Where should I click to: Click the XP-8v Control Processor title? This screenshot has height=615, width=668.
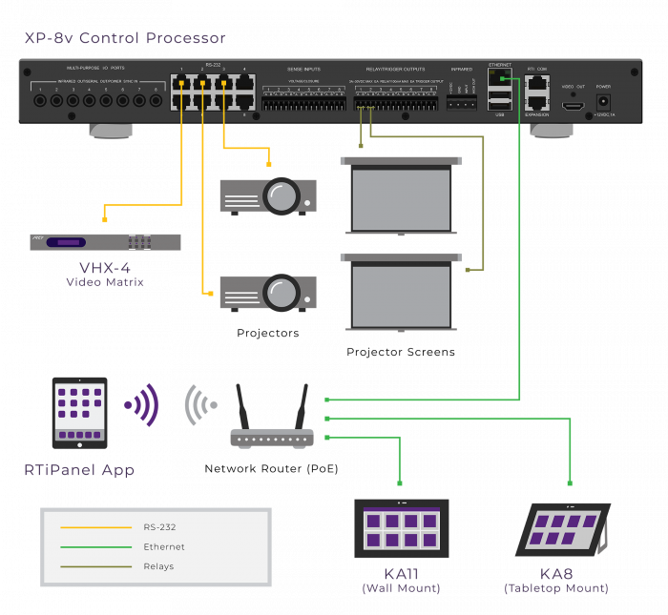pyautogui.click(x=125, y=39)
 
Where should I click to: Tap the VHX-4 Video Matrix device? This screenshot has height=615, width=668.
pyautogui.click(x=105, y=242)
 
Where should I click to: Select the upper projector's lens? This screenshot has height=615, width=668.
pyautogui.click(x=282, y=197)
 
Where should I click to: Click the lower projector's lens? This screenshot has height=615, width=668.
pyautogui.click(x=282, y=293)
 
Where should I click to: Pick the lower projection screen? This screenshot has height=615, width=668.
pyautogui.click(x=401, y=296)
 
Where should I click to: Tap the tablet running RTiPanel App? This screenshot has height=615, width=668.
pyautogui.click(x=79, y=413)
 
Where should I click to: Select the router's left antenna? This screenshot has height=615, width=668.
pyautogui.click(x=242, y=405)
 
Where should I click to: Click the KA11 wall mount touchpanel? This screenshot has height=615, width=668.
pyautogui.click(x=401, y=527)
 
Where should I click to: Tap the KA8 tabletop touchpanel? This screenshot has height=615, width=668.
pyautogui.click(x=563, y=530)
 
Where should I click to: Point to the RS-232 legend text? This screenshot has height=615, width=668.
pyautogui.click(x=159, y=527)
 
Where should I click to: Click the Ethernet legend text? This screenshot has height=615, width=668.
pyautogui.click(x=164, y=547)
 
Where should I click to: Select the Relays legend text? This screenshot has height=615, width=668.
pyautogui.click(x=158, y=567)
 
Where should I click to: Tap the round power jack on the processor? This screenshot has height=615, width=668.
pyautogui.click(x=603, y=100)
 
